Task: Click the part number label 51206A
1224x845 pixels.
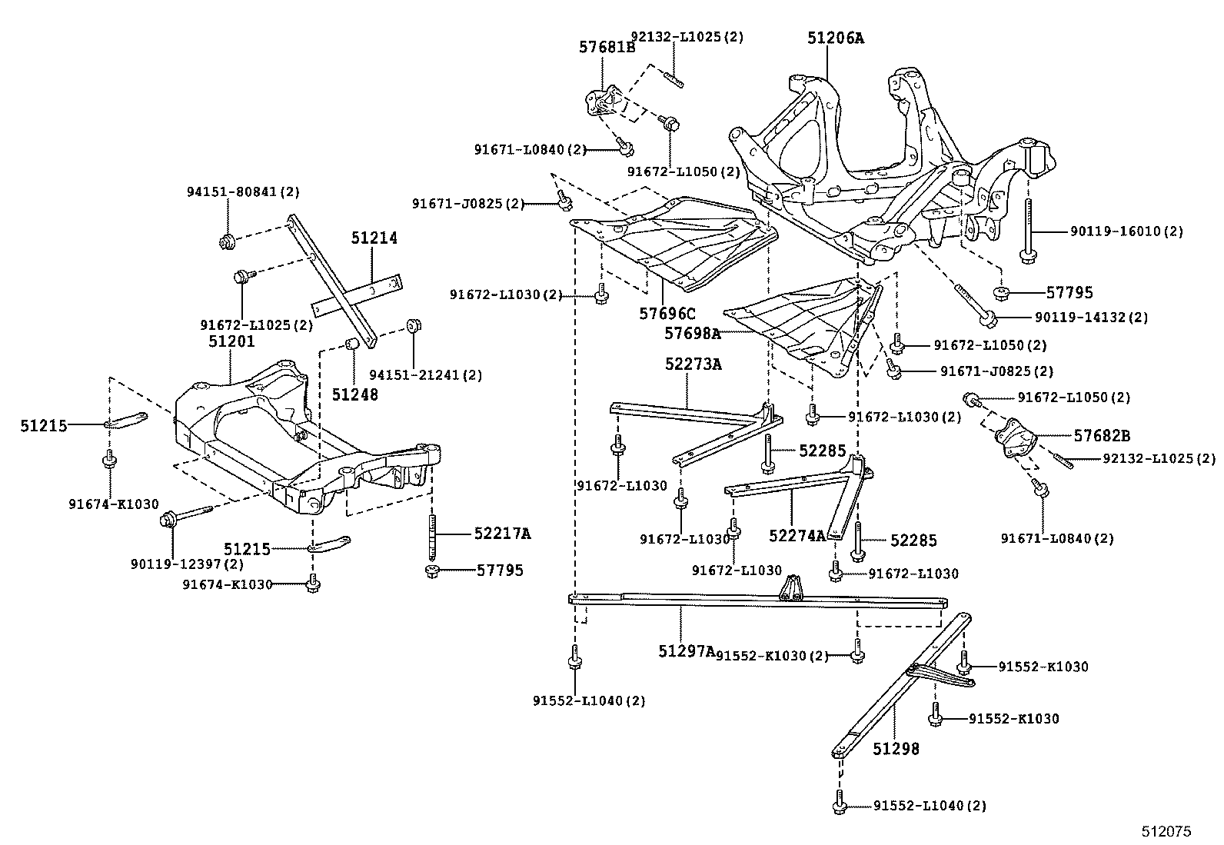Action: click(835, 38)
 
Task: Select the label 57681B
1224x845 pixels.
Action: click(607, 48)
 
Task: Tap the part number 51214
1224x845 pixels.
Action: click(374, 238)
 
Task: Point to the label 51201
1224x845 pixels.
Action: click(231, 341)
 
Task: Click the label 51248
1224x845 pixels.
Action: click(355, 394)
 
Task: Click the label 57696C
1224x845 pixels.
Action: click(667, 313)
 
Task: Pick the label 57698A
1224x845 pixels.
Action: click(693, 333)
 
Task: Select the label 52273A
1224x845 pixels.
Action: click(693, 364)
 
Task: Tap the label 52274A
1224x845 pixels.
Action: click(797, 536)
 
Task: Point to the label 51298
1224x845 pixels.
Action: click(896, 747)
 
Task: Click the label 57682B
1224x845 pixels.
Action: click(1102, 435)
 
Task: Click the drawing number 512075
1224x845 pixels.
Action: click(1166, 831)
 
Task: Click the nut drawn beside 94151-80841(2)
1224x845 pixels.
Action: click(227, 242)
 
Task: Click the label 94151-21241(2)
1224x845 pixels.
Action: click(425, 375)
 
